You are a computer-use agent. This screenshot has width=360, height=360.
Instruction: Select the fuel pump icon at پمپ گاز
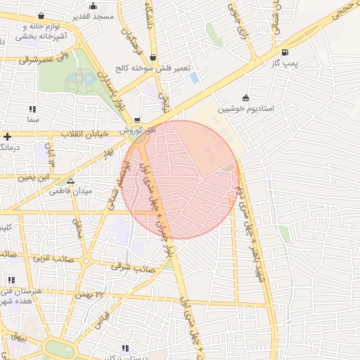click(x=284, y=52)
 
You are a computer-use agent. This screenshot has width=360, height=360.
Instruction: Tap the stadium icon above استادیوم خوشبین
click(x=245, y=98)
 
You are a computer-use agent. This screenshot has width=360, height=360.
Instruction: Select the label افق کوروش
click(x=132, y=131)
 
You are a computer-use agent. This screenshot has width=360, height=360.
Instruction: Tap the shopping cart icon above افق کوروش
click(x=137, y=120)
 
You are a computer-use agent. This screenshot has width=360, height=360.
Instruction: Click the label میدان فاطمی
click(x=73, y=191)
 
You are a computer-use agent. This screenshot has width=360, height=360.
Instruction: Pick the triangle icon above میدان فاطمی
click(x=70, y=181)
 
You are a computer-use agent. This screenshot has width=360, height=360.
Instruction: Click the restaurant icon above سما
click(x=32, y=110)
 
